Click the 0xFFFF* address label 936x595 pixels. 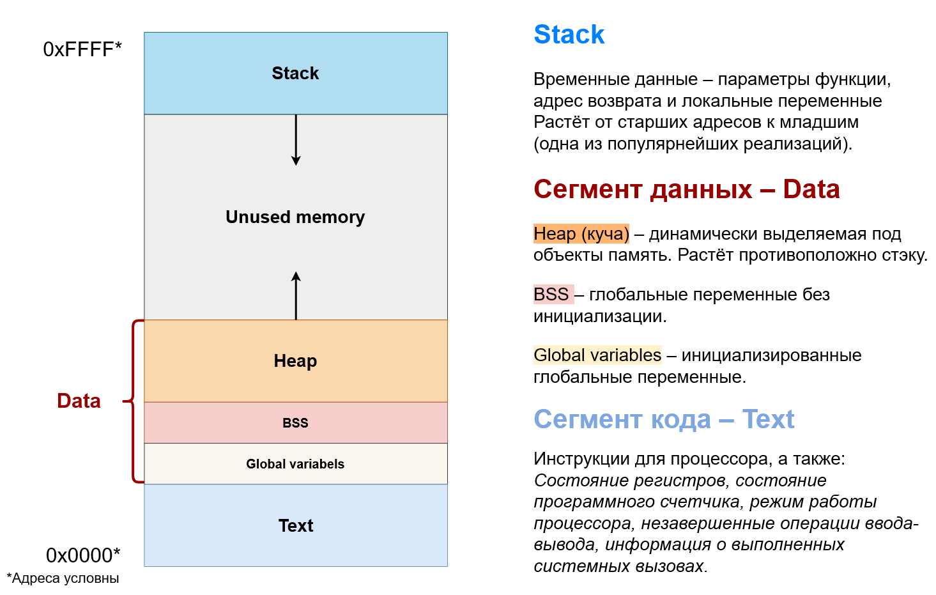(82, 49)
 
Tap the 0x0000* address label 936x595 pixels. (82, 555)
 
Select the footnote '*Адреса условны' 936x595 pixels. (63, 578)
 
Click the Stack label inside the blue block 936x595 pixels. (295, 73)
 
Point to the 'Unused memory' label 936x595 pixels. (295, 217)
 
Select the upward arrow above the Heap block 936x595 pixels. (296, 295)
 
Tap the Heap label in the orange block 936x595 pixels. (295, 361)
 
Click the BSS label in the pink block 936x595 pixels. (295, 423)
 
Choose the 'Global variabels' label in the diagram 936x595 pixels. (295, 464)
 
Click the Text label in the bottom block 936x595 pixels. (296, 526)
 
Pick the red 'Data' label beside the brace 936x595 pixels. (79, 401)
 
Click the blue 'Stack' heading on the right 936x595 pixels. (569, 35)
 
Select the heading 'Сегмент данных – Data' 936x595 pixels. (686, 190)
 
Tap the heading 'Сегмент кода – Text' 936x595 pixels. (664, 420)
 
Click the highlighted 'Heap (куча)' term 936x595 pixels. (581, 234)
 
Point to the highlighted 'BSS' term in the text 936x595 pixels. (551, 295)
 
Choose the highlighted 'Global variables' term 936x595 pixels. (597, 355)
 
